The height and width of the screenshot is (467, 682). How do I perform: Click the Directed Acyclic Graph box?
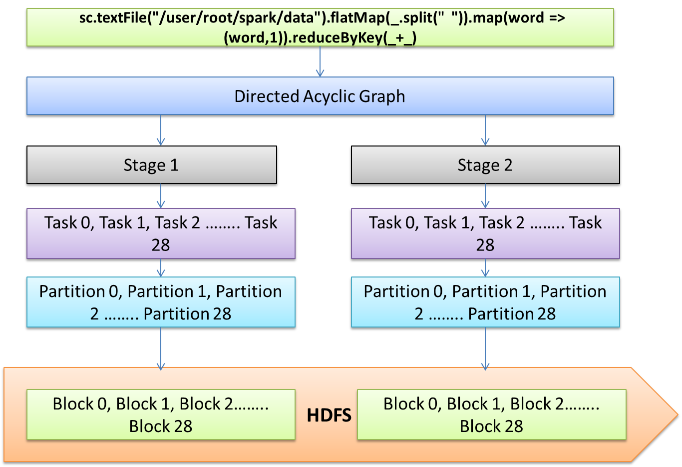[320, 96]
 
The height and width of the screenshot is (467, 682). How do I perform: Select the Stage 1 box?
[151, 165]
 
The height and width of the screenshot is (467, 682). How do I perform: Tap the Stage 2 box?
[485, 165]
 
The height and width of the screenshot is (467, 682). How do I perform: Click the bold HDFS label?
[329, 415]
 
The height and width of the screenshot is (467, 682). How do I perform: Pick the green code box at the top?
[320, 28]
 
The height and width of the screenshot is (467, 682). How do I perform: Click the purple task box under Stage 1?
[161, 233]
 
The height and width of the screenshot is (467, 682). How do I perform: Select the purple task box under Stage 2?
[485, 233]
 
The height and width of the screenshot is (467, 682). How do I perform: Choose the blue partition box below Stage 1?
[161, 302]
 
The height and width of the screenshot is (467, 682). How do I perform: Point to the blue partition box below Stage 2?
[485, 302]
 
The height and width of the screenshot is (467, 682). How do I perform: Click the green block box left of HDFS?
[161, 415]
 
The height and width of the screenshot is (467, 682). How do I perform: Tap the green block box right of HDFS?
[491, 415]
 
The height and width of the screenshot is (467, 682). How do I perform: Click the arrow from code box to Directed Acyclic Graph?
[320, 62]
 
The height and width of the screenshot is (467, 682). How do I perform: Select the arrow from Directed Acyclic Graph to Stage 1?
[161, 130]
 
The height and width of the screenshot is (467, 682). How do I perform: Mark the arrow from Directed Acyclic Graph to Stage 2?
[485, 130]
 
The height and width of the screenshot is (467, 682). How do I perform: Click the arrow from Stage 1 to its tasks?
[161, 196]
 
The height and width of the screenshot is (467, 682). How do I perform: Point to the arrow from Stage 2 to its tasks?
[485, 196]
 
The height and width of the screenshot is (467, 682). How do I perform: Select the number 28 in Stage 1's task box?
[161, 245]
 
